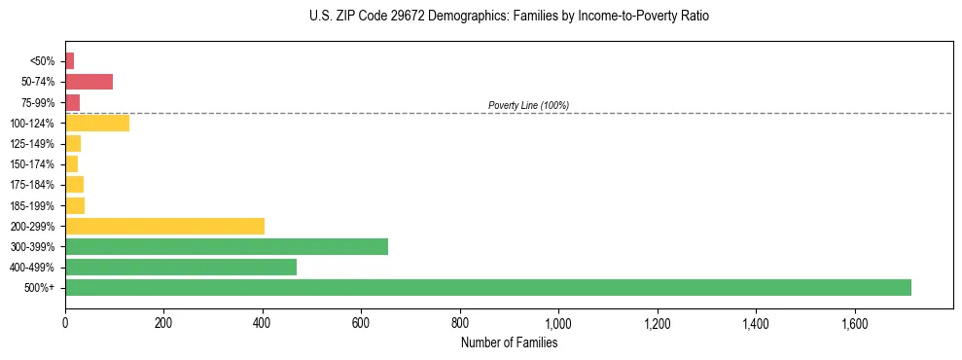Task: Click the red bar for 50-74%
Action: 89,82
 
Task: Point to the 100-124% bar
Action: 97,123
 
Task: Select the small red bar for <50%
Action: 69,61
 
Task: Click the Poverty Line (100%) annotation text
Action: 528,105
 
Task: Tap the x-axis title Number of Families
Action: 509,342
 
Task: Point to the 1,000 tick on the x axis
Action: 558,323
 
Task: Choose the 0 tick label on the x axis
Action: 65,323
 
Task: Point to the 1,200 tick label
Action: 658,323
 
